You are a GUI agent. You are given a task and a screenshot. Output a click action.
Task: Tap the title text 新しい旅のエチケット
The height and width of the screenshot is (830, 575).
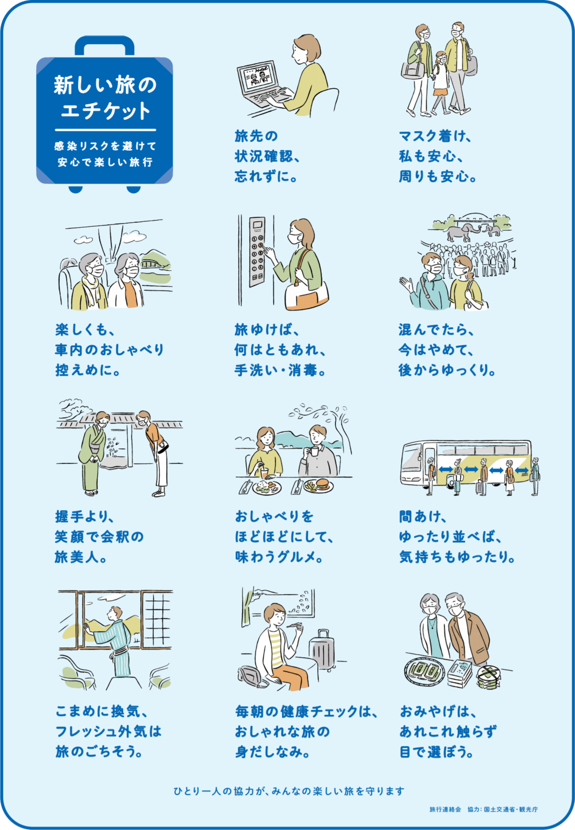coord(105,97)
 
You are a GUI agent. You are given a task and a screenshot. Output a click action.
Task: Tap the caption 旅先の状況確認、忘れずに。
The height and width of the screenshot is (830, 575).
coord(267,156)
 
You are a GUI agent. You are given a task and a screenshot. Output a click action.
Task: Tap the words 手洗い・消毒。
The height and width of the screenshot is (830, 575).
coord(280,370)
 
